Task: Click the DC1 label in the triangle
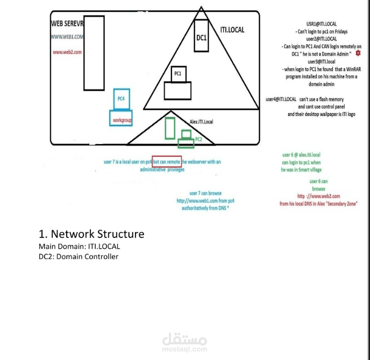(x=201, y=37)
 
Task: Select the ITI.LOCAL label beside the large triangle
(x=232, y=30)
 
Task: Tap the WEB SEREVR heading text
(x=67, y=24)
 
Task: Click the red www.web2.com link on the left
(x=67, y=52)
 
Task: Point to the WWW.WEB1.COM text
(x=67, y=37)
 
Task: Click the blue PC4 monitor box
(x=121, y=98)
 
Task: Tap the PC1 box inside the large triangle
(x=177, y=74)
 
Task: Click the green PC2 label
(x=198, y=139)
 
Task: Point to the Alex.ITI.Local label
(x=202, y=122)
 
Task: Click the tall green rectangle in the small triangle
(x=170, y=129)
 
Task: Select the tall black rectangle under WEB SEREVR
(x=94, y=53)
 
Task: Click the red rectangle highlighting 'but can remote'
(x=166, y=162)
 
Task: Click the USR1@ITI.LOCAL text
(x=321, y=24)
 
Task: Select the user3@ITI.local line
(x=321, y=62)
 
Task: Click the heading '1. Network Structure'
(x=91, y=234)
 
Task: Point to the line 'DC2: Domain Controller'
(x=79, y=256)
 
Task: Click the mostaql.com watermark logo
(x=184, y=341)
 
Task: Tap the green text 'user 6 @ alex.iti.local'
(x=301, y=155)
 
